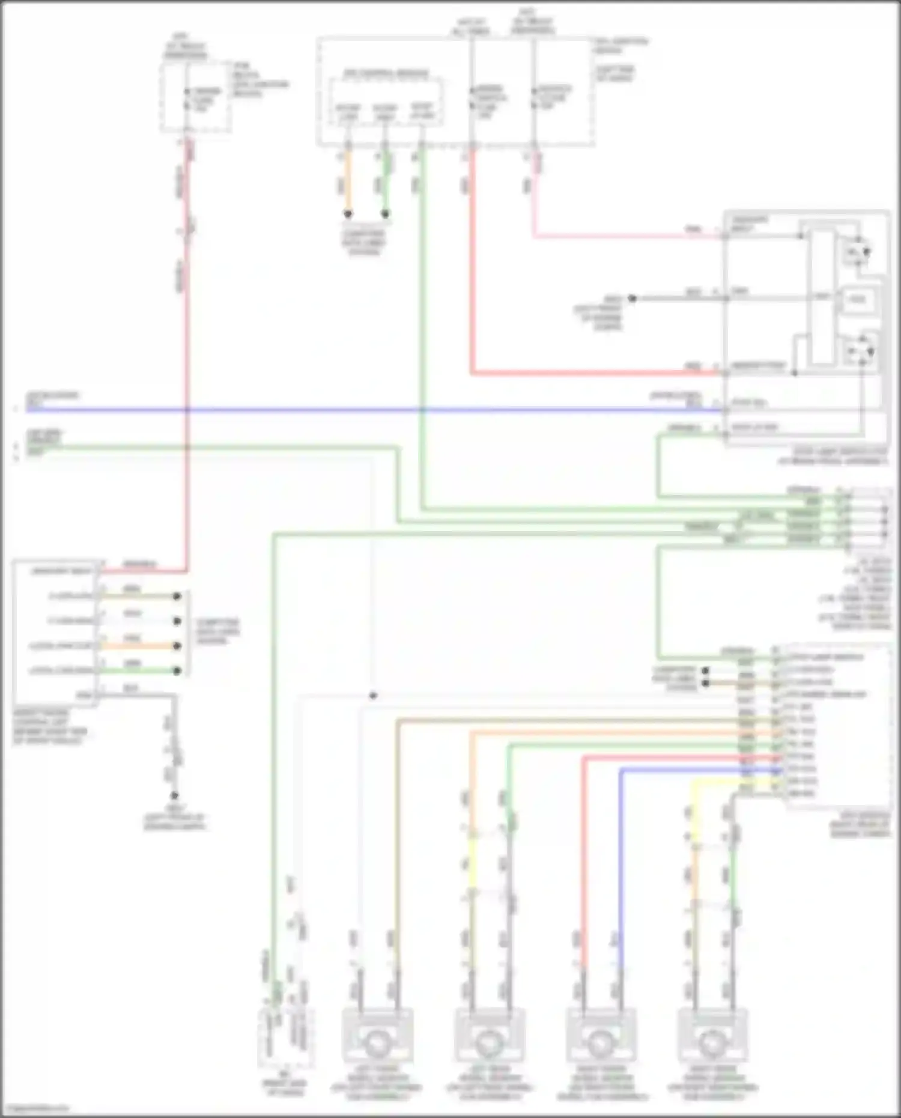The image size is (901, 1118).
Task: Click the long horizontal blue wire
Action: coord(360,410)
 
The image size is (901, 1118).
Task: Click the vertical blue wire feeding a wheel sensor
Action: coord(620,871)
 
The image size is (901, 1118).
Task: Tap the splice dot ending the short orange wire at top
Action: coord(348,214)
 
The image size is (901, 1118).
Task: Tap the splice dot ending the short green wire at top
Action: coord(386,214)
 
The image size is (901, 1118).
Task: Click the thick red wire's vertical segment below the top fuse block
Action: coord(472,258)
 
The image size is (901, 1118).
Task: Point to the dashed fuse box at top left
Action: coord(196,96)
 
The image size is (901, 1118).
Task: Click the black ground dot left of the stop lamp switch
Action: coord(632,298)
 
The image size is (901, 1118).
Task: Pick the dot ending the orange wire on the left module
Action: coord(177,646)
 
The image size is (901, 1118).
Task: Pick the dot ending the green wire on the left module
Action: coord(177,670)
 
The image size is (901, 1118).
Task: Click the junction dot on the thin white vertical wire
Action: coord(373,696)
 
